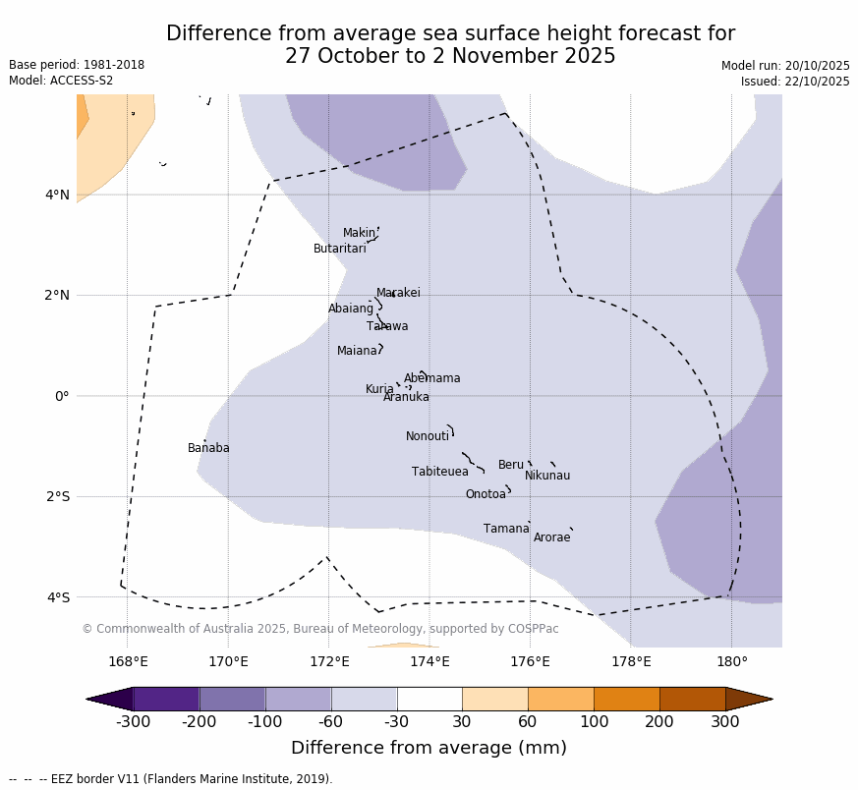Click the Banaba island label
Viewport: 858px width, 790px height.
coord(208,448)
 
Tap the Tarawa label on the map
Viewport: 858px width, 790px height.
coord(387,326)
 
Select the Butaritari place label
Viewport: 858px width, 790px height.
coord(340,249)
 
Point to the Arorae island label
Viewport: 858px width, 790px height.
coord(551,537)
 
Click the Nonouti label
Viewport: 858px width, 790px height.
coord(428,436)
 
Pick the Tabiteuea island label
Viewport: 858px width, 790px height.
coord(440,472)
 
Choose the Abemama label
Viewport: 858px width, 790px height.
coord(431,378)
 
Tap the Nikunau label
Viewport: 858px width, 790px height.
coord(547,476)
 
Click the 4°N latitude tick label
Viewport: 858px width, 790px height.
coord(58,195)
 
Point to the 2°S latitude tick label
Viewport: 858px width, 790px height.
coord(58,496)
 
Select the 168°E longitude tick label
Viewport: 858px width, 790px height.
coord(128,661)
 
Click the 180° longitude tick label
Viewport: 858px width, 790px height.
coord(731,661)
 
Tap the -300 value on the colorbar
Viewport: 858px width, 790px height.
coord(133,722)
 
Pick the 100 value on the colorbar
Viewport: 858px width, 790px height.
coord(594,722)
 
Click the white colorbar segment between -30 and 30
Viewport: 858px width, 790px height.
coord(429,699)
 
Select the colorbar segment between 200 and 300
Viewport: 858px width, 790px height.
coord(692,699)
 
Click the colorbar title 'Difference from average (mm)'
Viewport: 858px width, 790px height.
coord(429,748)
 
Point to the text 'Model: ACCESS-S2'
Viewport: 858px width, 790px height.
coord(61,81)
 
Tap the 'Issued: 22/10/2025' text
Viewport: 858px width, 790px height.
coord(795,82)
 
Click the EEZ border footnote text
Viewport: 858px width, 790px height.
coord(171,779)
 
